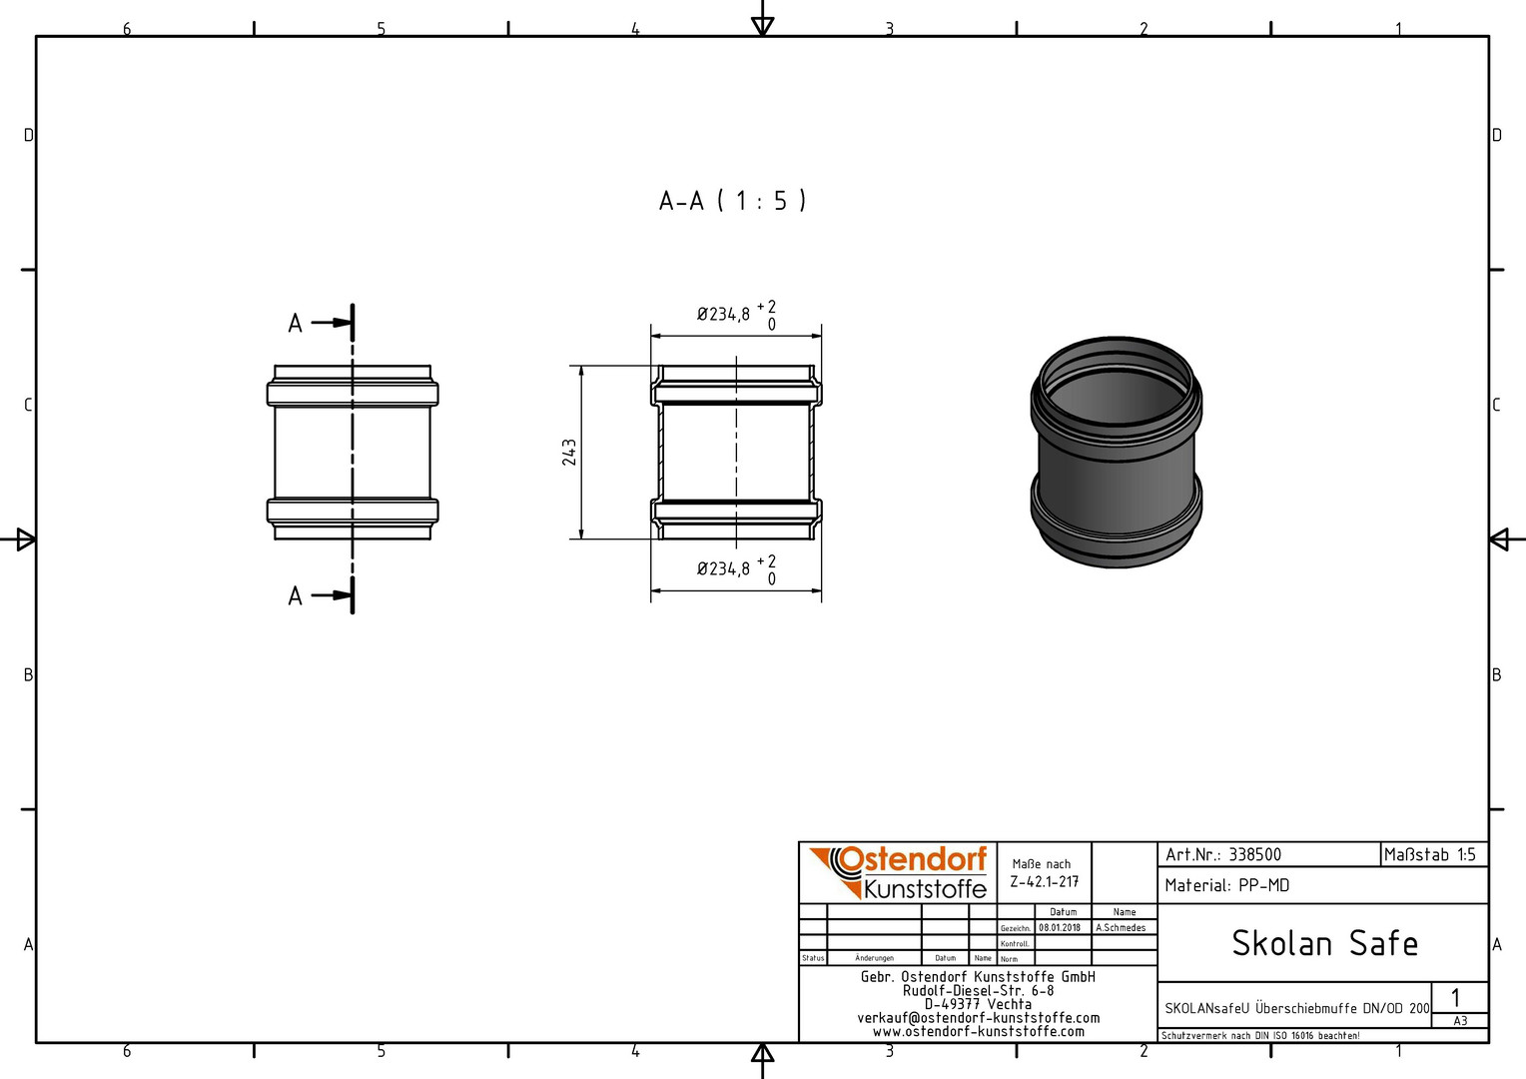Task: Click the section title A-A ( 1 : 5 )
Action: [x=732, y=201]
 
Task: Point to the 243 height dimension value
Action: [x=569, y=453]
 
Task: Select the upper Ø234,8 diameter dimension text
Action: [x=723, y=315]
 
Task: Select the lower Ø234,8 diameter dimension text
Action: [x=723, y=568]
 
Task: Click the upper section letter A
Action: [x=295, y=323]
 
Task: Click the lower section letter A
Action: [x=295, y=595]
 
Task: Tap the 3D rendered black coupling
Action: [x=1116, y=452]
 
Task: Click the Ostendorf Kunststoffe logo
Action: [x=899, y=873]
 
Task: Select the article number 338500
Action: [x=1255, y=855]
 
